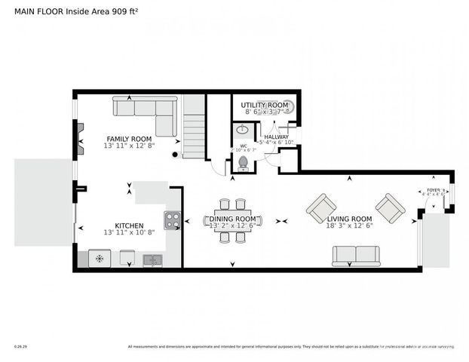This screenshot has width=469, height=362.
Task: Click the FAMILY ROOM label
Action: coord(128,139)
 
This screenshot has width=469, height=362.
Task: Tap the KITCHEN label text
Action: coord(129,225)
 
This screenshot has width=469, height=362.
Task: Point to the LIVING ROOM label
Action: coord(350,218)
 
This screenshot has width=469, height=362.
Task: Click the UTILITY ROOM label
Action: coord(265,105)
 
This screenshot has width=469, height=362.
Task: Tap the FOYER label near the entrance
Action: coord(434,190)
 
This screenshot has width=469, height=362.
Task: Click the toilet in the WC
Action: coord(243,162)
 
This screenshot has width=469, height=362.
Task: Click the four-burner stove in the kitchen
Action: coord(173,220)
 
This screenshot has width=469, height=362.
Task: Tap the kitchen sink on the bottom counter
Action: coord(152,260)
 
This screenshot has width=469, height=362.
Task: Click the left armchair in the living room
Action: coord(321,207)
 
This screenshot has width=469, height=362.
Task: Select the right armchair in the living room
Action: coord(390,207)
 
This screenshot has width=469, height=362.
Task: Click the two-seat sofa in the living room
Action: coord(355,256)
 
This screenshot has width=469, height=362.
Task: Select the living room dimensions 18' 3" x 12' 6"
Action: coord(350,225)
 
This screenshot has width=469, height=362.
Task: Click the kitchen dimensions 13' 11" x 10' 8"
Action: coord(129,232)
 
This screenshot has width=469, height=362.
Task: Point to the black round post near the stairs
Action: coord(175,155)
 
